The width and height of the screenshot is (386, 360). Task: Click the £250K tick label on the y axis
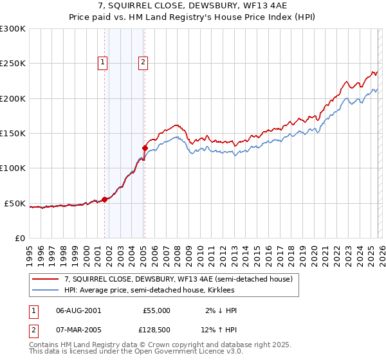(x=13, y=64)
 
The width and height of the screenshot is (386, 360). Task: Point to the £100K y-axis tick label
(x=13, y=168)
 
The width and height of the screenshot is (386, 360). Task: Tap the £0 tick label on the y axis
(x=21, y=238)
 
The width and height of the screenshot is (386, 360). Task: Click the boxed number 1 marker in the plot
(x=103, y=62)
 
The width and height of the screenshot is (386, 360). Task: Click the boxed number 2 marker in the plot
(x=142, y=62)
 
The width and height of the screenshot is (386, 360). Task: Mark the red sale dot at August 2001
(x=104, y=200)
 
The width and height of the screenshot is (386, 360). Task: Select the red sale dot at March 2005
(x=145, y=148)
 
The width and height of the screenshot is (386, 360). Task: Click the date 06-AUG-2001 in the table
(x=78, y=310)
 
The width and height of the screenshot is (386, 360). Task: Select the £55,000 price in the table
(x=156, y=310)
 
